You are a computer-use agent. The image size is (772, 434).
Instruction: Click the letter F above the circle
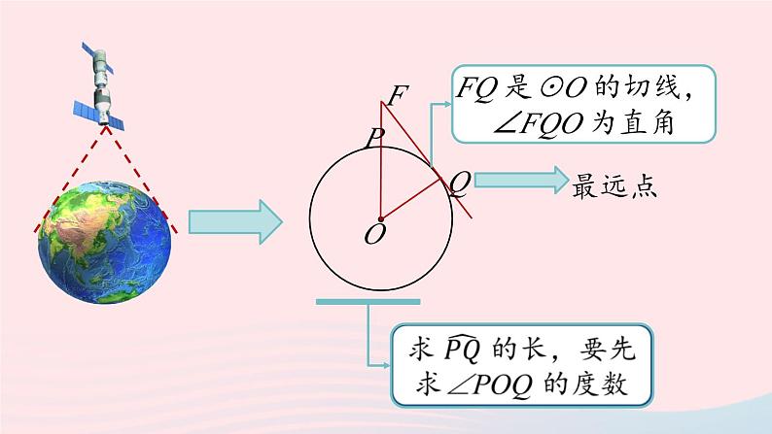398,96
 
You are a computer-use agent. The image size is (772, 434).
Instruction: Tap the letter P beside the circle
374,138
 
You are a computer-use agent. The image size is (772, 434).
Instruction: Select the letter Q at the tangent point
460,184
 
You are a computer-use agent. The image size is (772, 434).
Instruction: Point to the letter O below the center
375,234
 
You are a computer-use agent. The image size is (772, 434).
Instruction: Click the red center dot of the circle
380,219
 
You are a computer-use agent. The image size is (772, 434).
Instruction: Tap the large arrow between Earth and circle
235,221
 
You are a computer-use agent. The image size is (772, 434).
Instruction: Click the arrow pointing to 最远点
521,180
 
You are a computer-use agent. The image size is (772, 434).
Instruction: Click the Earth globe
104,242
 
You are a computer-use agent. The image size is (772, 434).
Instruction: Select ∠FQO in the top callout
539,123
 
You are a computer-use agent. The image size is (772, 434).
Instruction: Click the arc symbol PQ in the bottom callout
462,349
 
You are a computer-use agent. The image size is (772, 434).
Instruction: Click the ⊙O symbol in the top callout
563,88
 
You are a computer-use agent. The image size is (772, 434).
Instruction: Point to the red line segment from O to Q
409,200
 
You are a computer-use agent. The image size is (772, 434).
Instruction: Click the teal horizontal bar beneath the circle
368,302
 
